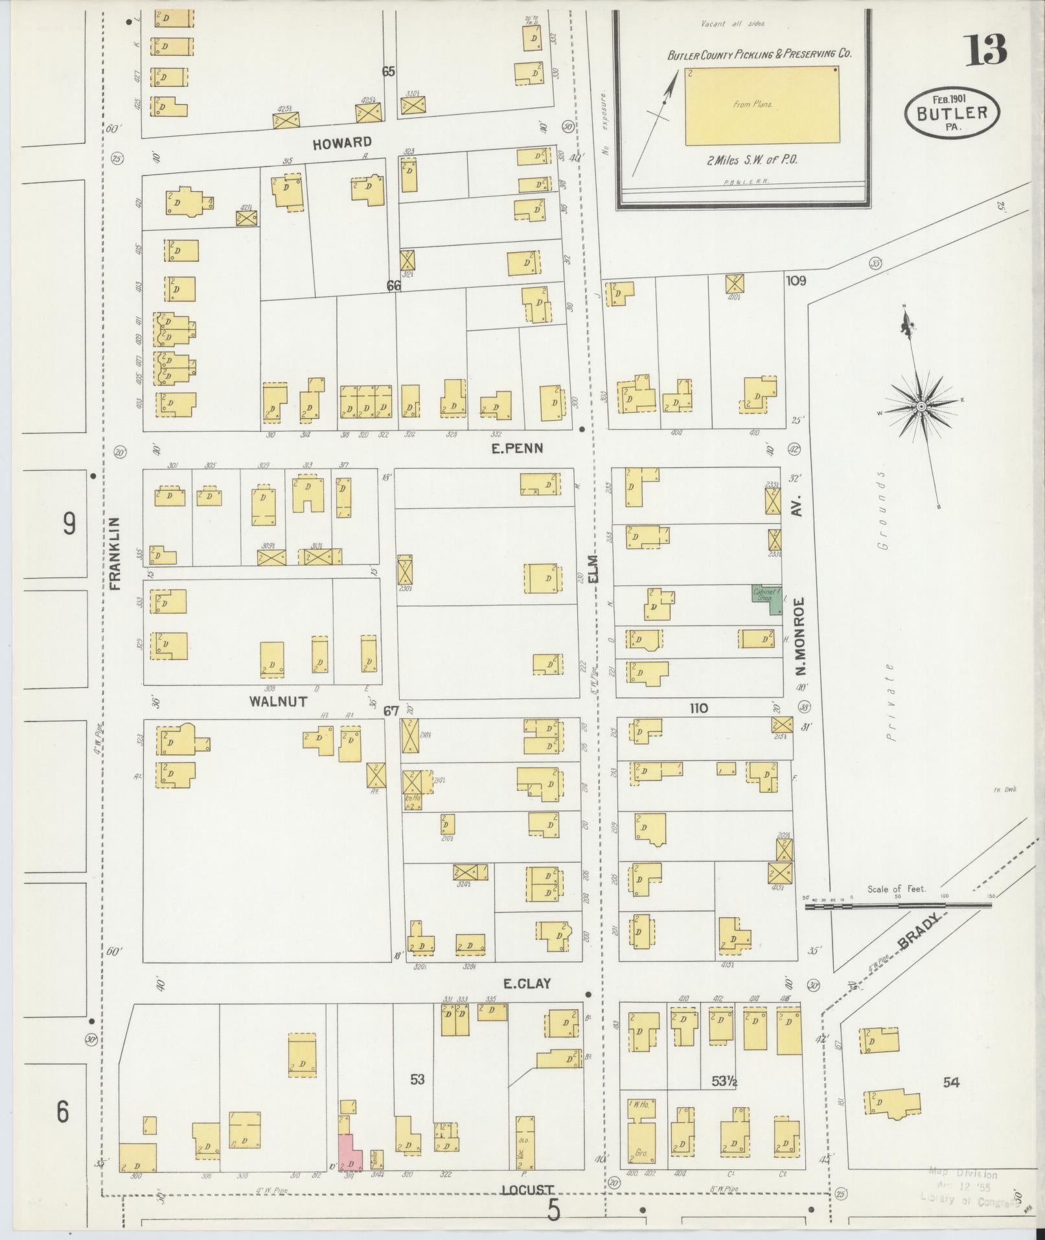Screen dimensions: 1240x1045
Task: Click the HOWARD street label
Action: [342, 143]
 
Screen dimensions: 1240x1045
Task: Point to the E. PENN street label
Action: [516, 448]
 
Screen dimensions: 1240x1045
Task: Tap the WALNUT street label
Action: [278, 701]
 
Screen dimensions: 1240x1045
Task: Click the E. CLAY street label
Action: [527, 1001]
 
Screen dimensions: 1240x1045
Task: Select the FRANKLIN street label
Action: [116, 553]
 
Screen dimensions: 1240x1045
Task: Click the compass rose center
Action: [920, 406]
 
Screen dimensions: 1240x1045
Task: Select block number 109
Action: [796, 281]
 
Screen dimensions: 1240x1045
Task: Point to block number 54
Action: [950, 1082]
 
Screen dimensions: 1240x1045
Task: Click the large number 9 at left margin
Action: [69, 524]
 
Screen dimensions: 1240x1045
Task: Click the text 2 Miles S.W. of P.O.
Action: [752, 160]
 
